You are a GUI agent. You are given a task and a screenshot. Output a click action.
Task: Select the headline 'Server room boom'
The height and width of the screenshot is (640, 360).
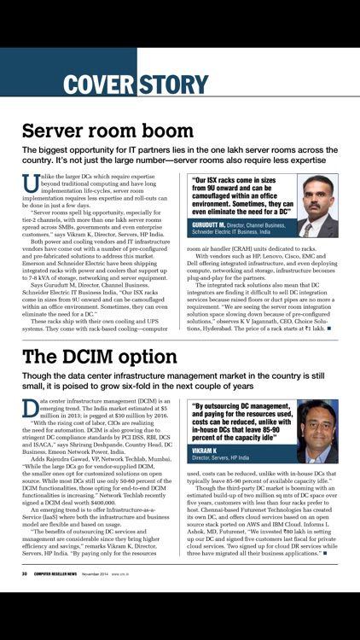(x=107, y=131)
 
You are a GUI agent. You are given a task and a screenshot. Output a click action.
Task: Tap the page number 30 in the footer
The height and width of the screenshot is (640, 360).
(x=26, y=573)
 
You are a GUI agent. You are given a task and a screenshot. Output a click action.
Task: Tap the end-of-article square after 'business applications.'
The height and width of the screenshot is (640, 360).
(x=325, y=554)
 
